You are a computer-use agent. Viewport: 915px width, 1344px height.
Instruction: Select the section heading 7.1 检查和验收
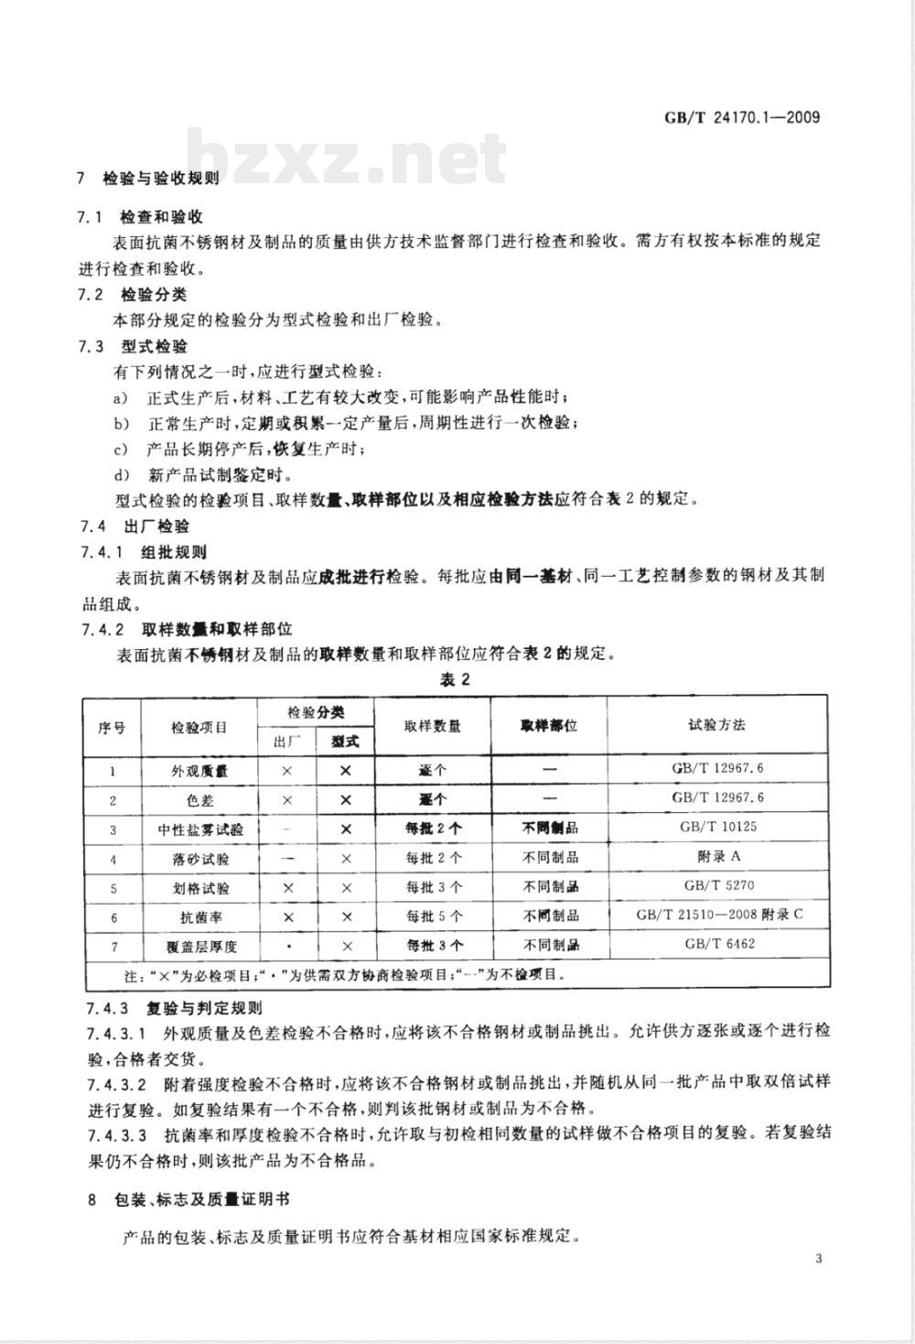click(141, 217)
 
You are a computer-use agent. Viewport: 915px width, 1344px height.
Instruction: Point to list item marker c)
click(120, 449)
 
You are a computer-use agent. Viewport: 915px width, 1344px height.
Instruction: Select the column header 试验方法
click(716, 725)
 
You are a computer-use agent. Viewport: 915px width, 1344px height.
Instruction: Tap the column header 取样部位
click(549, 725)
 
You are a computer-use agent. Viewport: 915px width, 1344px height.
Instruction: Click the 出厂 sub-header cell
click(286, 741)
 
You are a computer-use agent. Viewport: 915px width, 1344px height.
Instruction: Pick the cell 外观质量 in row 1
click(199, 771)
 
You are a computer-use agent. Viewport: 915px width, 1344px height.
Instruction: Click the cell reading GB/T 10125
click(717, 827)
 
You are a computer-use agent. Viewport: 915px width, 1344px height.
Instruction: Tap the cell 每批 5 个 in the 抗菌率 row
click(434, 916)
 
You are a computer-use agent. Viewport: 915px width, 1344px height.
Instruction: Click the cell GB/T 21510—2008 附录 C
click(717, 915)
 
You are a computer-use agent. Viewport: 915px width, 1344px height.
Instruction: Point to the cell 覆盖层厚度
click(199, 946)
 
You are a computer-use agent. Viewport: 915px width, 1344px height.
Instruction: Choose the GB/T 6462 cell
click(717, 944)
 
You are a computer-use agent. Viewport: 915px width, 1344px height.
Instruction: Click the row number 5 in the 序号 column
click(113, 887)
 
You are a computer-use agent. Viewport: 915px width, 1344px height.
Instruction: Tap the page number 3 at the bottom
click(818, 1258)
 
